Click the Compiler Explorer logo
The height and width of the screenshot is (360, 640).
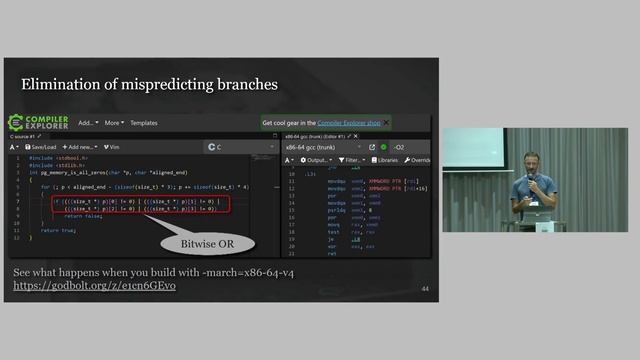point(38,122)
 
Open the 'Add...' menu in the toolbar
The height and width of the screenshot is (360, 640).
point(88,123)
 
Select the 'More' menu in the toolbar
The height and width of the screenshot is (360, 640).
point(113,123)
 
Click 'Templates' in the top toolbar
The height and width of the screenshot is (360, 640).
point(144,123)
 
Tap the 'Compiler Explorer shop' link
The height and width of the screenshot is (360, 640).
point(348,122)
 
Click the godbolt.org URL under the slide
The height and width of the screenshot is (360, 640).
point(80,286)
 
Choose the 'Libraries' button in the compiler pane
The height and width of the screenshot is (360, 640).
point(385,160)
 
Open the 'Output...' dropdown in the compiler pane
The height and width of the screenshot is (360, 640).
point(316,160)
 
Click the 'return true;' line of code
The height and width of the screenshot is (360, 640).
point(60,230)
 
